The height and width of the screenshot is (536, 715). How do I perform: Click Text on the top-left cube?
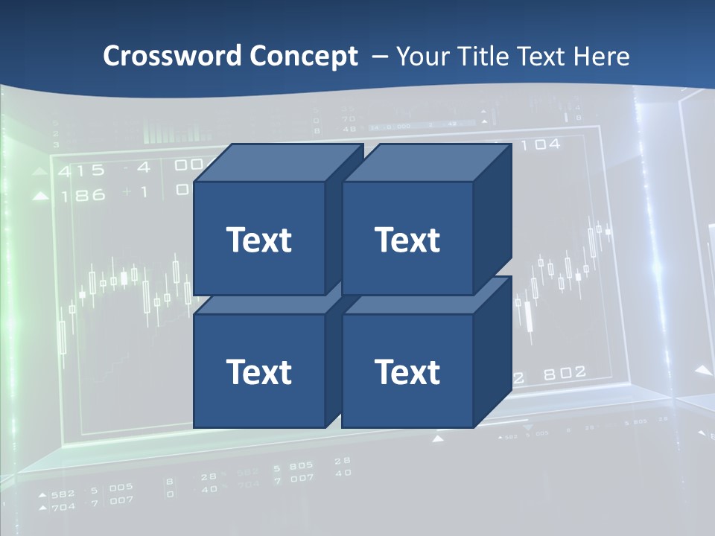[258, 240]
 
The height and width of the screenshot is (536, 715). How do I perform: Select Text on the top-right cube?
[407, 240]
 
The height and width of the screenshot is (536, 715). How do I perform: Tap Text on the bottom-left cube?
[258, 371]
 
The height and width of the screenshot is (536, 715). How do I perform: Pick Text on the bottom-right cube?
[407, 371]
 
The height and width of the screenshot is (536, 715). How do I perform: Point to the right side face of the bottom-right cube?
[492, 354]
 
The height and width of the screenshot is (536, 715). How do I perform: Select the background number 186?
[83, 196]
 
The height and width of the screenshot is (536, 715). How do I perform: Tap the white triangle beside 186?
[42, 197]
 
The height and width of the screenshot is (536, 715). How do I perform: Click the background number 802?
[565, 373]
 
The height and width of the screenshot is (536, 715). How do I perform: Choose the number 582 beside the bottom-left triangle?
[63, 494]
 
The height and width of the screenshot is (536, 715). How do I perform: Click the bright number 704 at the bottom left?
[63, 507]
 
